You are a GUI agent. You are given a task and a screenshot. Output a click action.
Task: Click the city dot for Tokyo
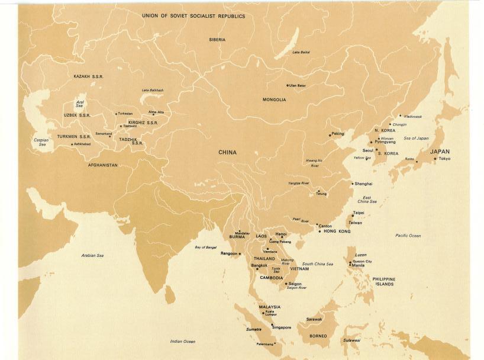(435, 158)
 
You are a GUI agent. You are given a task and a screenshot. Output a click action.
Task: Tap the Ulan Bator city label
(298, 85)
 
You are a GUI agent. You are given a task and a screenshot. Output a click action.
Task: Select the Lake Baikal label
(301, 52)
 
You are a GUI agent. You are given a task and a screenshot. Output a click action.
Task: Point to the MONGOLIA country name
(274, 99)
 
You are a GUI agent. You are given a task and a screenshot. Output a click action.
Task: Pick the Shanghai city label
(363, 184)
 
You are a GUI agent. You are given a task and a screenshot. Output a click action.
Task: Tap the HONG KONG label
(338, 231)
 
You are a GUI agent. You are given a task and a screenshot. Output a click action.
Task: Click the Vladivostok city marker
(400, 115)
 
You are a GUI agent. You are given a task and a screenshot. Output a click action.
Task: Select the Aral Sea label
(80, 104)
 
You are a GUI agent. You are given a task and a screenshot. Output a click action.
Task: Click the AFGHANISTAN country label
(102, 165)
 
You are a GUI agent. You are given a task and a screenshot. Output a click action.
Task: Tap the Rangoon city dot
(240, 253)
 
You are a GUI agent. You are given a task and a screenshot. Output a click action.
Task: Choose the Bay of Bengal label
(206, 247)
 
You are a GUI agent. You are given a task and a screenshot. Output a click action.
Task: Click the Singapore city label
(282, 327)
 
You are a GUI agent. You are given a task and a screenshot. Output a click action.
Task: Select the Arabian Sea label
(92, 255)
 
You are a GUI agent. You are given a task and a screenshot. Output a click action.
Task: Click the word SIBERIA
(217, 40)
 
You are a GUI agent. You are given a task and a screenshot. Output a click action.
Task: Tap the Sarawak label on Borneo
(314, 319)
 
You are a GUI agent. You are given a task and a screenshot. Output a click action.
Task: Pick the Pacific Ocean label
(408, 236)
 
